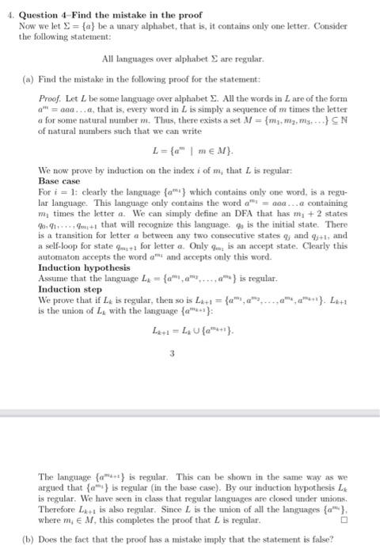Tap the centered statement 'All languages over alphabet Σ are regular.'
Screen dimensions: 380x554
coord(188,59)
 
